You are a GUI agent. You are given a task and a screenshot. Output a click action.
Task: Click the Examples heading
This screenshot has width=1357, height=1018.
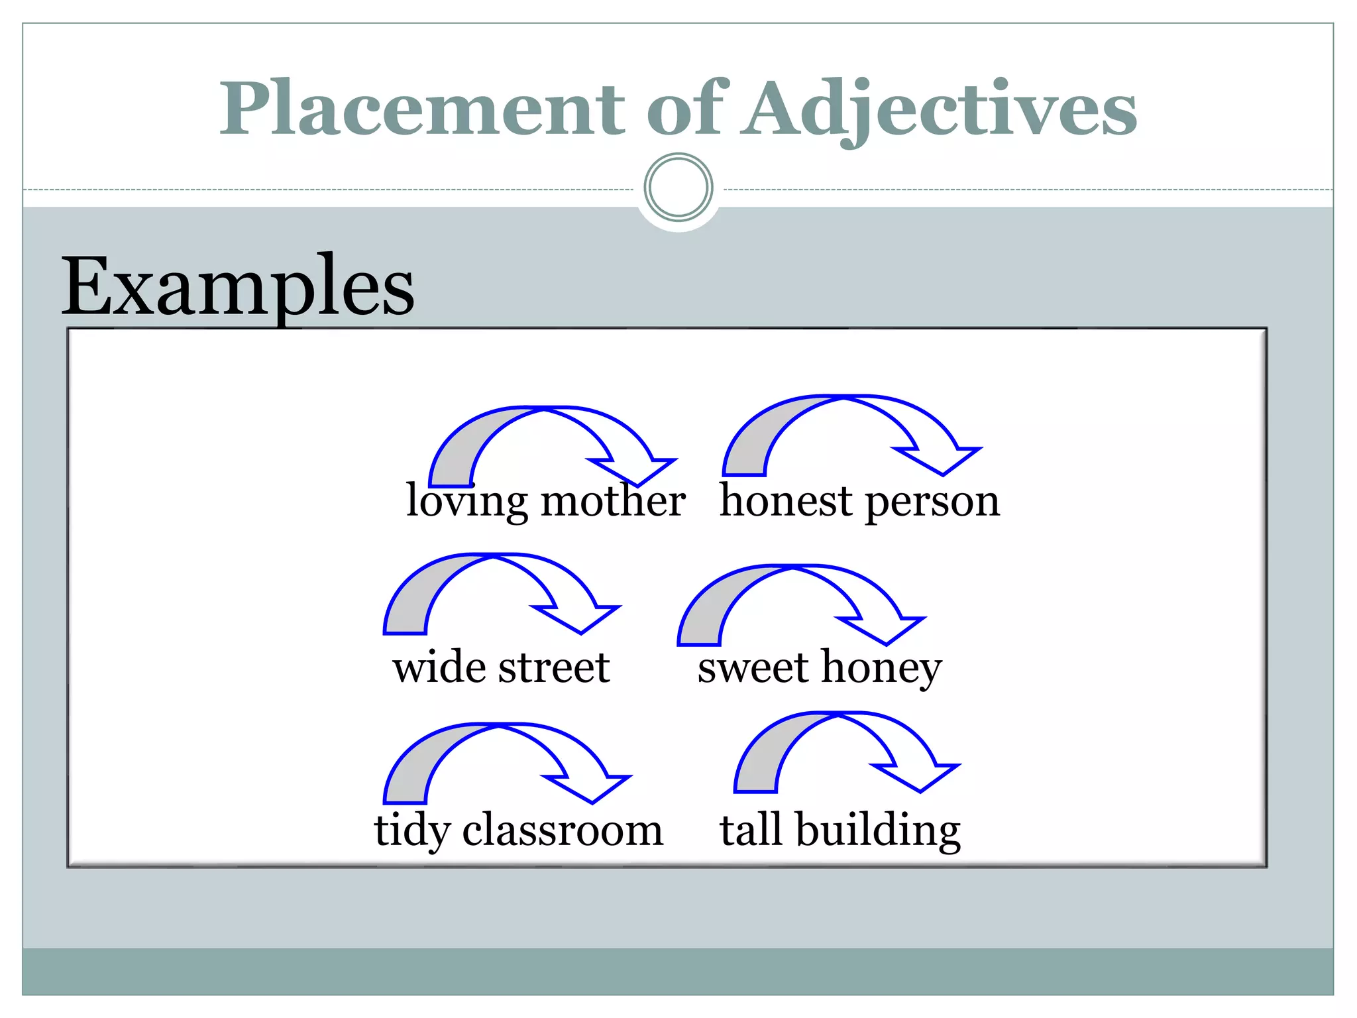pyautogui.click(x=237, y=287)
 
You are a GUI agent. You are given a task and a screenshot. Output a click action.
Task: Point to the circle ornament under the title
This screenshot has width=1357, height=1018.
pyautogui.click(x=678, y=188)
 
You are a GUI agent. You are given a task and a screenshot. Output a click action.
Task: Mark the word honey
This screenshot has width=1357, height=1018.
pyautogui.click(x=881, y=668)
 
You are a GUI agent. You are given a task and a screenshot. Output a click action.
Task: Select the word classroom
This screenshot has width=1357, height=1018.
pyautogui.click(x=563, y=830)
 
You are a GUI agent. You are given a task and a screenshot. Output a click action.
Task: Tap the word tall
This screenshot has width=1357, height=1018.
pyautogui.click(x=751, y=829)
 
